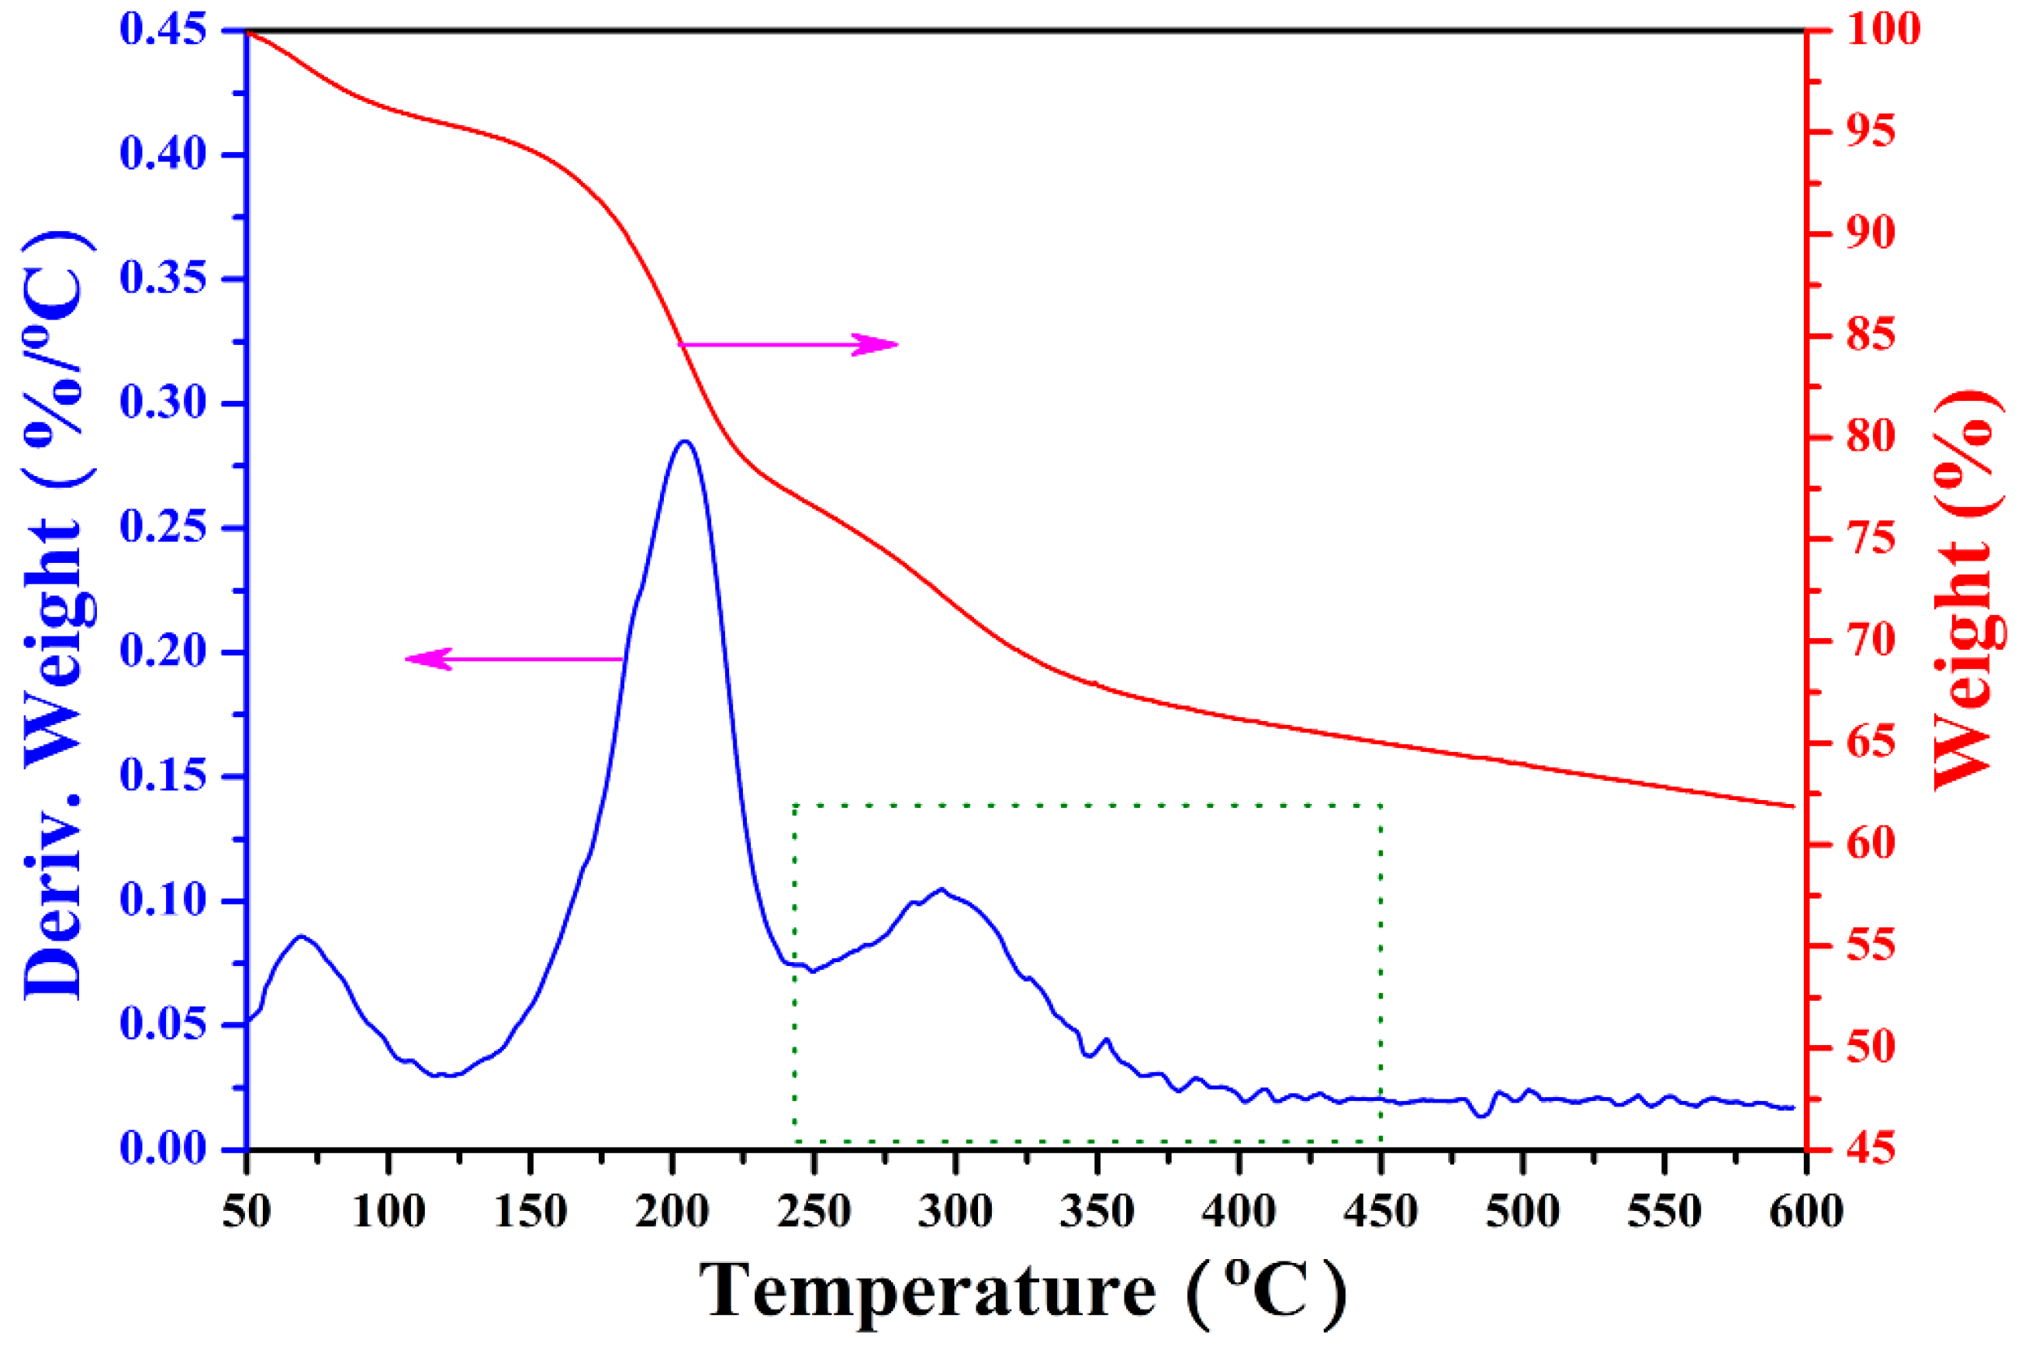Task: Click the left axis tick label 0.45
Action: click(164, 30)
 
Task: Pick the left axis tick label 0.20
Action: click(164, 651)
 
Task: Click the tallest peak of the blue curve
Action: click(684, 441)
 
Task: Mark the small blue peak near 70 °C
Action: click(300, 936)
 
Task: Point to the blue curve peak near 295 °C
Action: click(942, 888)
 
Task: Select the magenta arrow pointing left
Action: click(513, 659)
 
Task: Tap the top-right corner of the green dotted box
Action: click(1381, 806)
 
